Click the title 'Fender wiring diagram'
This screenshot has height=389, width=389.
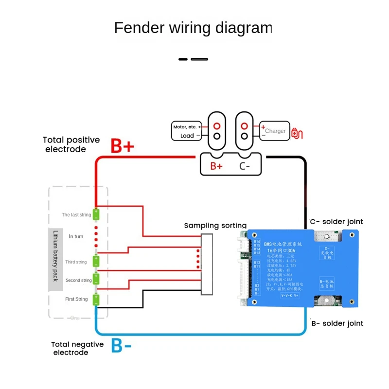[193, 28]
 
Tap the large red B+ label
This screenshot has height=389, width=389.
[122, 146]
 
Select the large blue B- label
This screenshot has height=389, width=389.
[122, 345]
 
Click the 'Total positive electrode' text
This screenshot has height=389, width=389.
[71, 144]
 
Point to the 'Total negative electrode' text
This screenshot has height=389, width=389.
[77, 348]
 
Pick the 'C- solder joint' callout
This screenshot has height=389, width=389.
[336, 222]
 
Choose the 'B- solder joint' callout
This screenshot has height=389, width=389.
[336, 323]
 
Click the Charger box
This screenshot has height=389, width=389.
[275, 131]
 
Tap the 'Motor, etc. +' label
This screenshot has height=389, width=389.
[187, 127]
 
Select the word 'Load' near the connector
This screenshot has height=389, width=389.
[187, 136]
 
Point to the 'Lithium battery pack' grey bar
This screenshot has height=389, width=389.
[55, 260]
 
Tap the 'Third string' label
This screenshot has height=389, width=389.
[76, 262]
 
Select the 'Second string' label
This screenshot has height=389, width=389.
[79, 281]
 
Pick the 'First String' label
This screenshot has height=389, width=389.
[76, 299]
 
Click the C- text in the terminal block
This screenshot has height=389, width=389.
[245, 166]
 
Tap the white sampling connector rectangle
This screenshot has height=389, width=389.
[207, 264]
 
